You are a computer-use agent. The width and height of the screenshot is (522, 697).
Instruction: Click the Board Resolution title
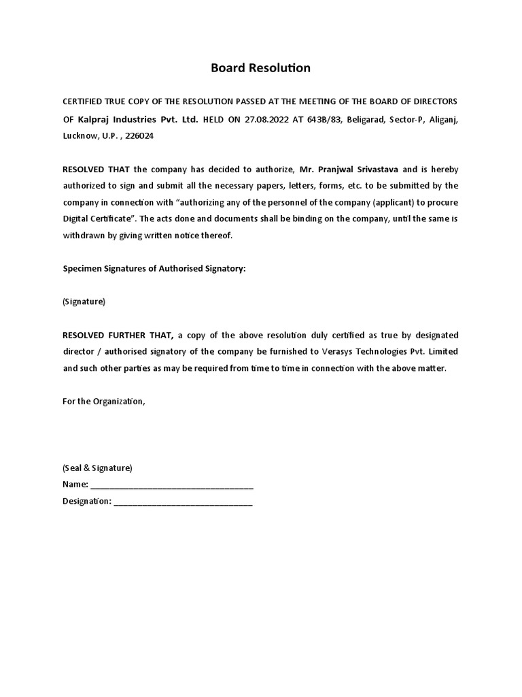[260, 68]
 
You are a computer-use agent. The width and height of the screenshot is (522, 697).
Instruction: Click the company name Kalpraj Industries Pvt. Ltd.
[138, 119]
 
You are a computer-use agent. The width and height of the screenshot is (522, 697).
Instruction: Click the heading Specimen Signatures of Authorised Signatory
[154, 269]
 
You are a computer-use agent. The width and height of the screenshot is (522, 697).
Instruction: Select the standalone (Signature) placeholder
[84, 302]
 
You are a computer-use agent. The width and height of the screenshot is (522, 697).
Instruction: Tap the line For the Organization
[103, 401]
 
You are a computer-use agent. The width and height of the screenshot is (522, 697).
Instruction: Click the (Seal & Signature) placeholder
[97, 468]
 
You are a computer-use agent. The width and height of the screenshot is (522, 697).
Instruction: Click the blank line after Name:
[172, 485]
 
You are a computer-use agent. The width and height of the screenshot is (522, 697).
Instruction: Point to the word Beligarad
[366, 119]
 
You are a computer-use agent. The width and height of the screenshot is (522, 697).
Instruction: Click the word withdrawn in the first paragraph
[84, 236]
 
